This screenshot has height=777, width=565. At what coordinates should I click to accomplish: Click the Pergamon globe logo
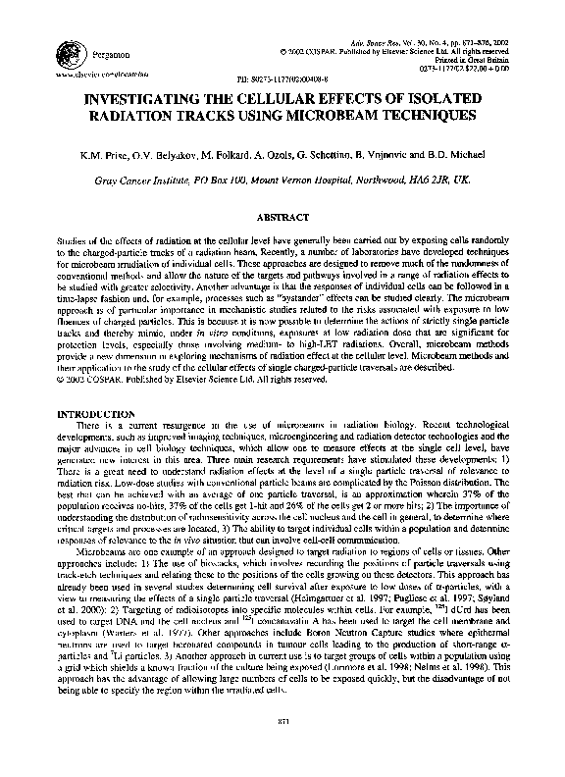click(x=71, y=54)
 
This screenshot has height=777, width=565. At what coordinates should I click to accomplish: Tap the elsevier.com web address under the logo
click(x=95, y=74)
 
